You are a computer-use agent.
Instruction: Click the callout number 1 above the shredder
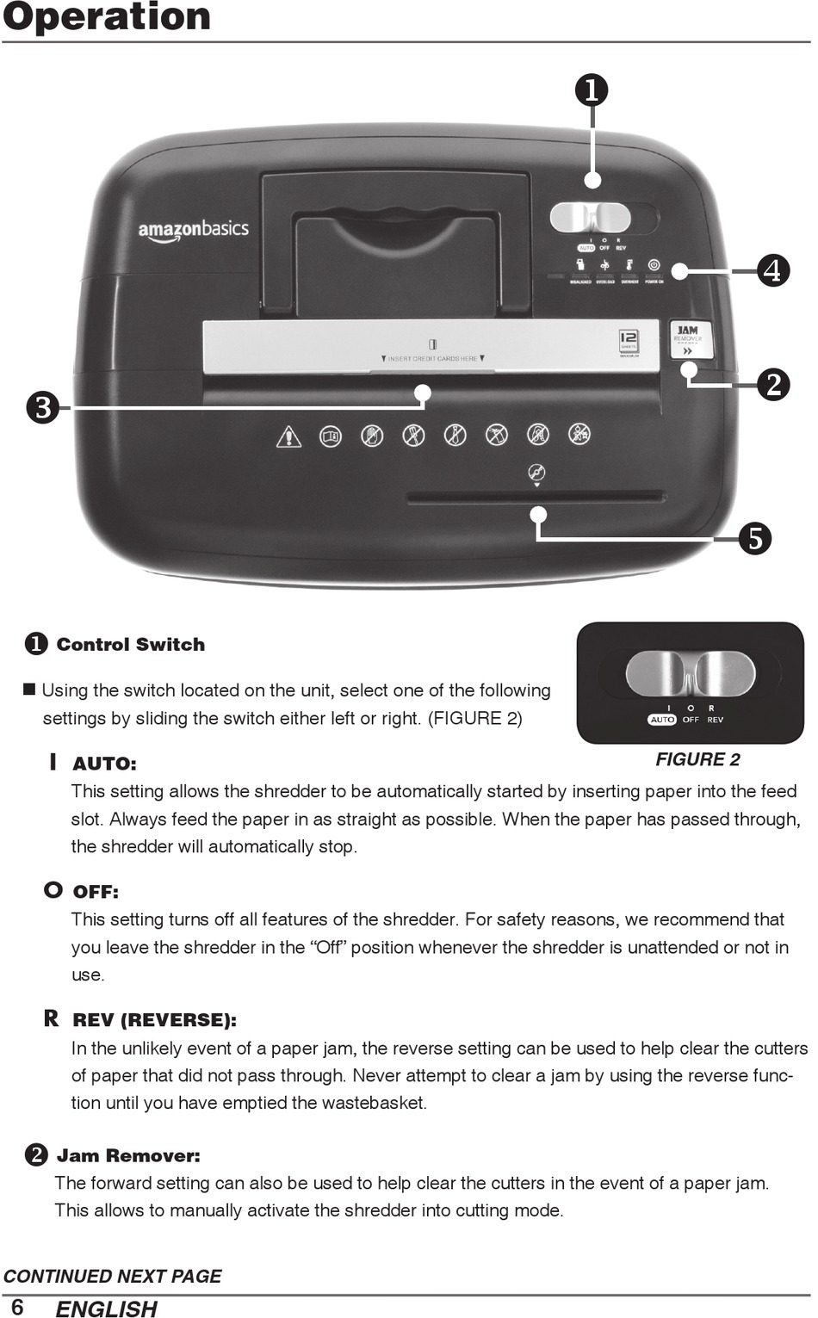pyautogui.click(x=592, y=90)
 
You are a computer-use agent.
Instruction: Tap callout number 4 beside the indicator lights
pyautogui.click(x=773, y=271)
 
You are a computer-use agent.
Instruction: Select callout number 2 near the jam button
pyautogui.click(x=773, y=384)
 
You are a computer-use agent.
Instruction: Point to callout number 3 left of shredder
pyautogui.click(x=42, y=406)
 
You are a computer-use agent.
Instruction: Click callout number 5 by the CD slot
pyautogui.click(x=754, y=539)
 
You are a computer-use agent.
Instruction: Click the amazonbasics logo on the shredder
pyautogui.click(x=193, y=230)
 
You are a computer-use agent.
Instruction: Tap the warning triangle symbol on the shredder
pyautogui.click(x=288, y=436)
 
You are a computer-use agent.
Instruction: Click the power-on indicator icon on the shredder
pyautogui.click(x=654, y=265)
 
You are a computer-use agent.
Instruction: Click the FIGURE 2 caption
pyautogui.click(x=697, y=759)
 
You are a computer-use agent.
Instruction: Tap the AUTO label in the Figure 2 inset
pyautogui.click(x=662, y=720)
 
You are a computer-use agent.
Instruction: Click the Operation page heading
pyautogui.click(x=107, y=17)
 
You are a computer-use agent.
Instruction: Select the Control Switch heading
pyautogui.click(x=130, y=645)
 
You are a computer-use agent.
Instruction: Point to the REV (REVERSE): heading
pyautogui.click(x=154, y=1020)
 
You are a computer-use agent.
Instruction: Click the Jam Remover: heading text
pyautogui.click(x=127, y=1155)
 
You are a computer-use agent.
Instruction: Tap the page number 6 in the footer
pyautogui.click(x=17, y=1307)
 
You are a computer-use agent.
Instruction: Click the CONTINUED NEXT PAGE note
pyautogui.click(x=113, y=1276)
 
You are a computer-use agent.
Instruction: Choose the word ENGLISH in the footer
pyautogui.click(x=106, y=1309)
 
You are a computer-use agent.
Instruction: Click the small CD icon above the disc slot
pyautogui.click(x=536, y=472)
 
